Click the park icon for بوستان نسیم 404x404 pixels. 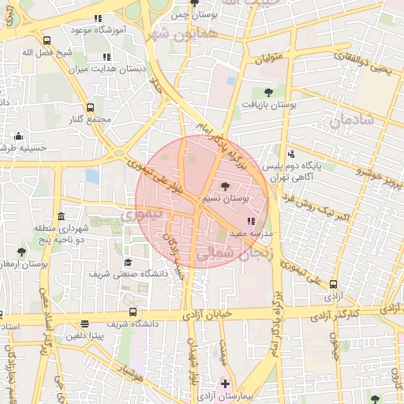coord(226,185)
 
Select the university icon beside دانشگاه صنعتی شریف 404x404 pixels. coord(127,262)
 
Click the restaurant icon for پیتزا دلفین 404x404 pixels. coord(84,324)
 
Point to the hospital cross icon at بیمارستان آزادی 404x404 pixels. coord(226,383)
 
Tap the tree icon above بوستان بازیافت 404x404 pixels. coord(268,92)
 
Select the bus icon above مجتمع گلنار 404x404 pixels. coord(89,107)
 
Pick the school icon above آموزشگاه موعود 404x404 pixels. coord(98,17)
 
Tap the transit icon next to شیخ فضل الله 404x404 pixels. coord(47,40)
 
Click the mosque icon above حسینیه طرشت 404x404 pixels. coord(18,135)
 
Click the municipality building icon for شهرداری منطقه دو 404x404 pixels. coord(60,216)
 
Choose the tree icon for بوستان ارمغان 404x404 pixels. coord(21,252)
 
